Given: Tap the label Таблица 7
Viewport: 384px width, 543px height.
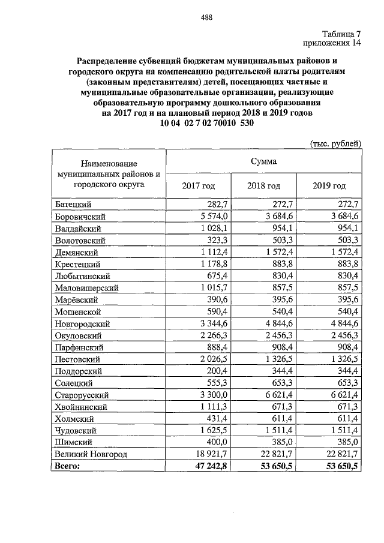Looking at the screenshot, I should coord(341,34).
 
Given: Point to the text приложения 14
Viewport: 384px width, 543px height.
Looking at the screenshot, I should coord(332,44).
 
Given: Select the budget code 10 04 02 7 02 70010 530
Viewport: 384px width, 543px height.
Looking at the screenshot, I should coord(208,124).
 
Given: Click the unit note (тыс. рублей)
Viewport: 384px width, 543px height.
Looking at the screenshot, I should coord(335,143).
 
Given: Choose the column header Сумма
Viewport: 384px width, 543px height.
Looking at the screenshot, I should coord(264,161).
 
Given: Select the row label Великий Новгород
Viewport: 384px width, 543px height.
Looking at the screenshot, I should coord(91,454).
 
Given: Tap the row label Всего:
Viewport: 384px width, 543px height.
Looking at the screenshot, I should coord(67,466).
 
